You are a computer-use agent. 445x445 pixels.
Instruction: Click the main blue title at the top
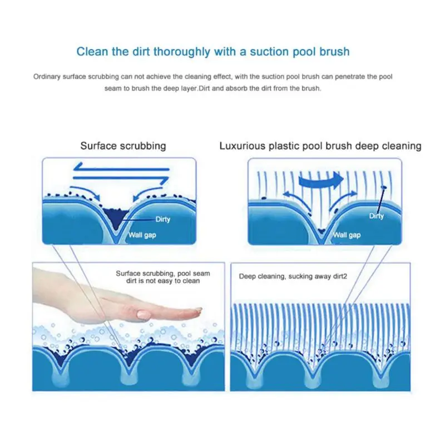coord(212,52)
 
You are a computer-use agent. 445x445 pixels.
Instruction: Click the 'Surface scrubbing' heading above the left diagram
coord(123,146)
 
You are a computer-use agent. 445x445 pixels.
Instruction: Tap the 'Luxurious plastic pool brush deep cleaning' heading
coord(320,146)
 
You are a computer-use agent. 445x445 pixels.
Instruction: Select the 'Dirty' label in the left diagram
coord(162,219)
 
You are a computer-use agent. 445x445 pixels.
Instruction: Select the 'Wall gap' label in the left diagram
coord(142,235)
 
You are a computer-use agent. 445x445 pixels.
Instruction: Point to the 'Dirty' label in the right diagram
coord(376,216)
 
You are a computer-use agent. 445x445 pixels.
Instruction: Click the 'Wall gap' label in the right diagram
coord(347,235)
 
